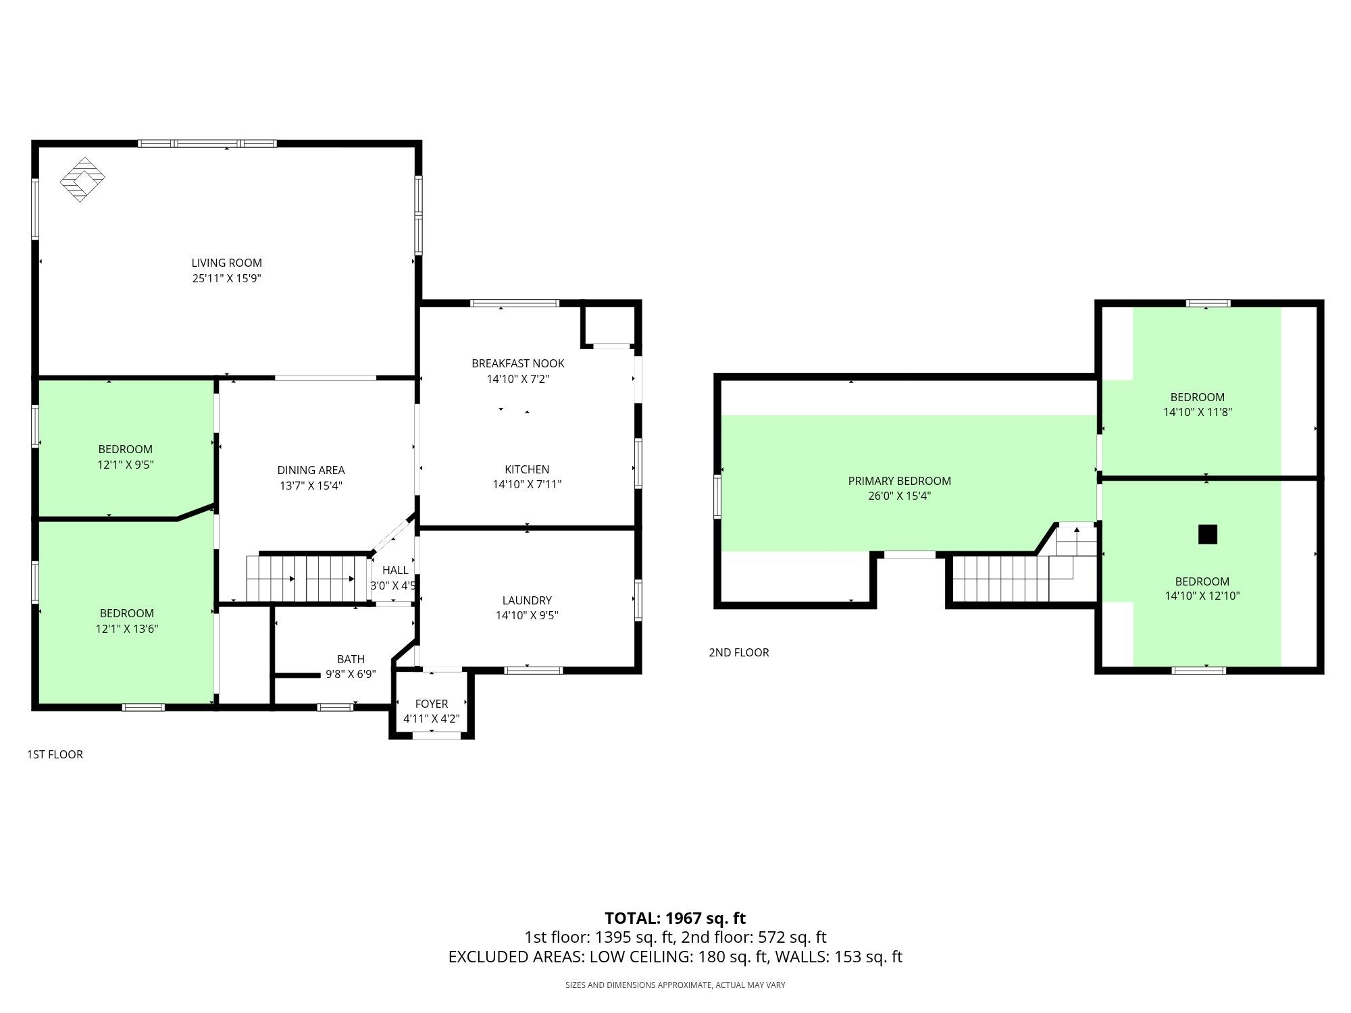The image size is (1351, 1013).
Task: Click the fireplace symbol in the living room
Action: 82,180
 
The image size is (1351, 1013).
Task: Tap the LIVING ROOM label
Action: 226,263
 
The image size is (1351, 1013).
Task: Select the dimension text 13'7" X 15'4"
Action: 311,486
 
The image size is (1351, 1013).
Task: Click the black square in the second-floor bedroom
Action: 1207,534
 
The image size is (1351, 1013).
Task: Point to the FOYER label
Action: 432,704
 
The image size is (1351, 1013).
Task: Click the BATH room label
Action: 351,659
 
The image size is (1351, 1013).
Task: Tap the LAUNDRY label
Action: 527,600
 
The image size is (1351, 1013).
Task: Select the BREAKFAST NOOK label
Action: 518,363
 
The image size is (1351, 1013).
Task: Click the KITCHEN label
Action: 527,469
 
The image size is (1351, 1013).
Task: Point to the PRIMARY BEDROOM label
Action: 900,481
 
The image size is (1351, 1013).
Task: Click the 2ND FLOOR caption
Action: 739,652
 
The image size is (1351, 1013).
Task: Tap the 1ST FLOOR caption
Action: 55,754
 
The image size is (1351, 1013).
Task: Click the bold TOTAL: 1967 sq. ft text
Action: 675,918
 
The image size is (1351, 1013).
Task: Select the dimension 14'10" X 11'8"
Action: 1198,412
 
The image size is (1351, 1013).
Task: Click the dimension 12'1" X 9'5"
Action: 126,465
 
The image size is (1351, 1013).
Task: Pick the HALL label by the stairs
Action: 395,571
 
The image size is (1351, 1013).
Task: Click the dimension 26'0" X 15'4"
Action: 900,496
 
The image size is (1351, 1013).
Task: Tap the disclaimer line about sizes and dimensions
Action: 675,985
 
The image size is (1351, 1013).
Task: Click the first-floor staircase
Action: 301,578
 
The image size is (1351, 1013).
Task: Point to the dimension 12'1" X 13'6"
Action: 127,629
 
